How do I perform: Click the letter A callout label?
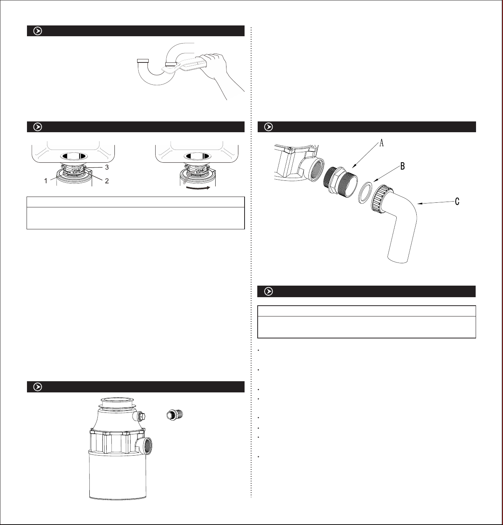click(x=381, y=143)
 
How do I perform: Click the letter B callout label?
click(x=402, y=166)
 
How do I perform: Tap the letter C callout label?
click(x=457, y=202)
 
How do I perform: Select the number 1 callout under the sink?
click(x=46, y=181)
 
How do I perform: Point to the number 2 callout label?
click(x=107, y=181)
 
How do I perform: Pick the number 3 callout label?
click(x=107, y=167)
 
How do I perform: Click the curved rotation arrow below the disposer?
click(x=198, y=188)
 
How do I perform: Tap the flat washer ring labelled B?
click(x=365, y=192)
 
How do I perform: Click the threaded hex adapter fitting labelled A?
click(x=340, y=182)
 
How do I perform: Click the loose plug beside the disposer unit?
click(x=175, y=415)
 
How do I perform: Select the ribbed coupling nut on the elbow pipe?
click(x=381, y=199)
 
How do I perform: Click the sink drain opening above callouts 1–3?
click(x=74, y=156)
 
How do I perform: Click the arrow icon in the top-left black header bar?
click(x=37, y=31)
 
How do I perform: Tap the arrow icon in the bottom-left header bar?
click(x=37, y=387)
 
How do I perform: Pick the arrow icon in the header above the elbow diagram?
click(x=268, y=127)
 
